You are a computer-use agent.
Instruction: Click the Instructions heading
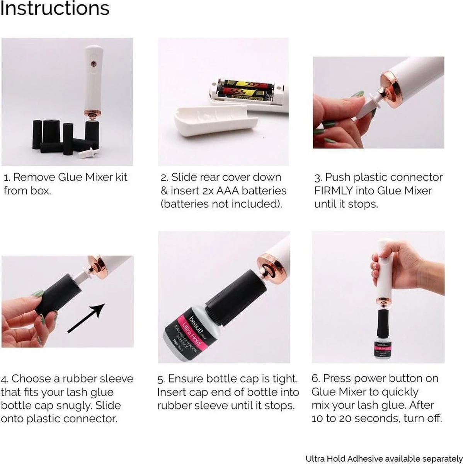pyautogui.click(x=54, y=9)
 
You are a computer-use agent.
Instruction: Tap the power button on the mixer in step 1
pyautogui.click(x=92, y=62)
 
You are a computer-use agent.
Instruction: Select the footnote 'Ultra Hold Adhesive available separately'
pyautogui.click(x=383, y=459)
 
